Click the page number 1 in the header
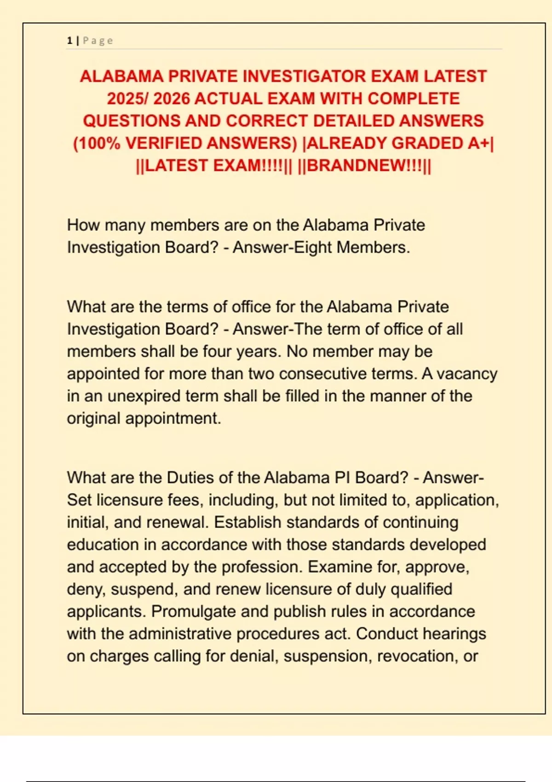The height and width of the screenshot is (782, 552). point(69,41)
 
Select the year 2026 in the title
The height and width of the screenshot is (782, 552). point(170,98)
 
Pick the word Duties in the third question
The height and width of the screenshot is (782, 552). point(190,477)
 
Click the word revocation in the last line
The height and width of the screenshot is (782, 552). point(416,656)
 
